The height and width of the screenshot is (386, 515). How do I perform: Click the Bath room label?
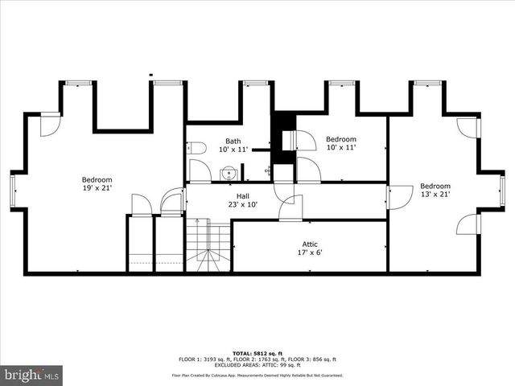click(x=233, y=142)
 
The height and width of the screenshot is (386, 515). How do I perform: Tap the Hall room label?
click(x=242, y=196)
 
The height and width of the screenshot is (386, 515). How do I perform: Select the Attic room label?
click(x=309, y=243)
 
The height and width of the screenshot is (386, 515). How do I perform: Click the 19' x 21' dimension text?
click(x=97, y=188)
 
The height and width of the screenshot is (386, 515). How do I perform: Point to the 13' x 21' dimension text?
click(x=435, y=194)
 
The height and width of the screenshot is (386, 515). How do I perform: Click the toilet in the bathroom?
click(x=196, y=148)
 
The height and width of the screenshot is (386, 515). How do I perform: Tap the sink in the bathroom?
click(x=229, y=172)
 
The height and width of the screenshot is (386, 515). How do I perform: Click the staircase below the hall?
click(x=209, y=245)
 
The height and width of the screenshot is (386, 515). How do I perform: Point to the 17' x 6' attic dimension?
click(x=309, y=252)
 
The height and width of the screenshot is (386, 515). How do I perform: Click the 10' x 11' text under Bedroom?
click(x=341, y=148)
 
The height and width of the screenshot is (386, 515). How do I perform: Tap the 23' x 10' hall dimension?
click(x=242, y=204)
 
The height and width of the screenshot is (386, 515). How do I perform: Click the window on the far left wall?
click(x=13, y=190)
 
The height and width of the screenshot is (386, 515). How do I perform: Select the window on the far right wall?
click(x=502, y=190)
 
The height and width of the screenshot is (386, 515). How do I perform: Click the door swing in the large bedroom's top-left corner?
click(x=50, y=125)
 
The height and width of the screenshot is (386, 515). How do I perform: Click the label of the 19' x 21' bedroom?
click(x=97, y=179)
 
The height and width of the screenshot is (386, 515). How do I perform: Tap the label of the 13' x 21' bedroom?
click(x=435, y=185)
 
